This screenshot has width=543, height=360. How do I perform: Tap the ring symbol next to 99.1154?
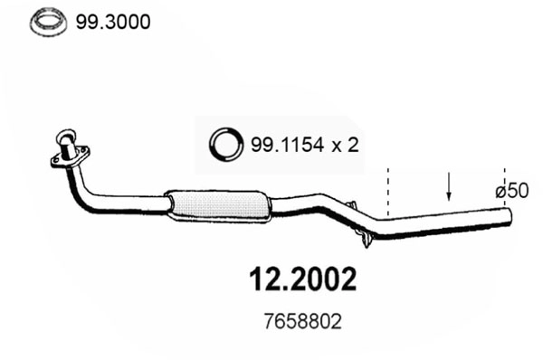point(226,143)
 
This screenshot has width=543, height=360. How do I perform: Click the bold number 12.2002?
point(303,279)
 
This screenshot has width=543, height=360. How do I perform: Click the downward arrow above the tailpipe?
point(449,188)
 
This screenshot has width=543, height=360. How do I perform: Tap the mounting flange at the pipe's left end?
point(69,156)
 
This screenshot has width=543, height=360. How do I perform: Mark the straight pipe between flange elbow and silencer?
point(131,204)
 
